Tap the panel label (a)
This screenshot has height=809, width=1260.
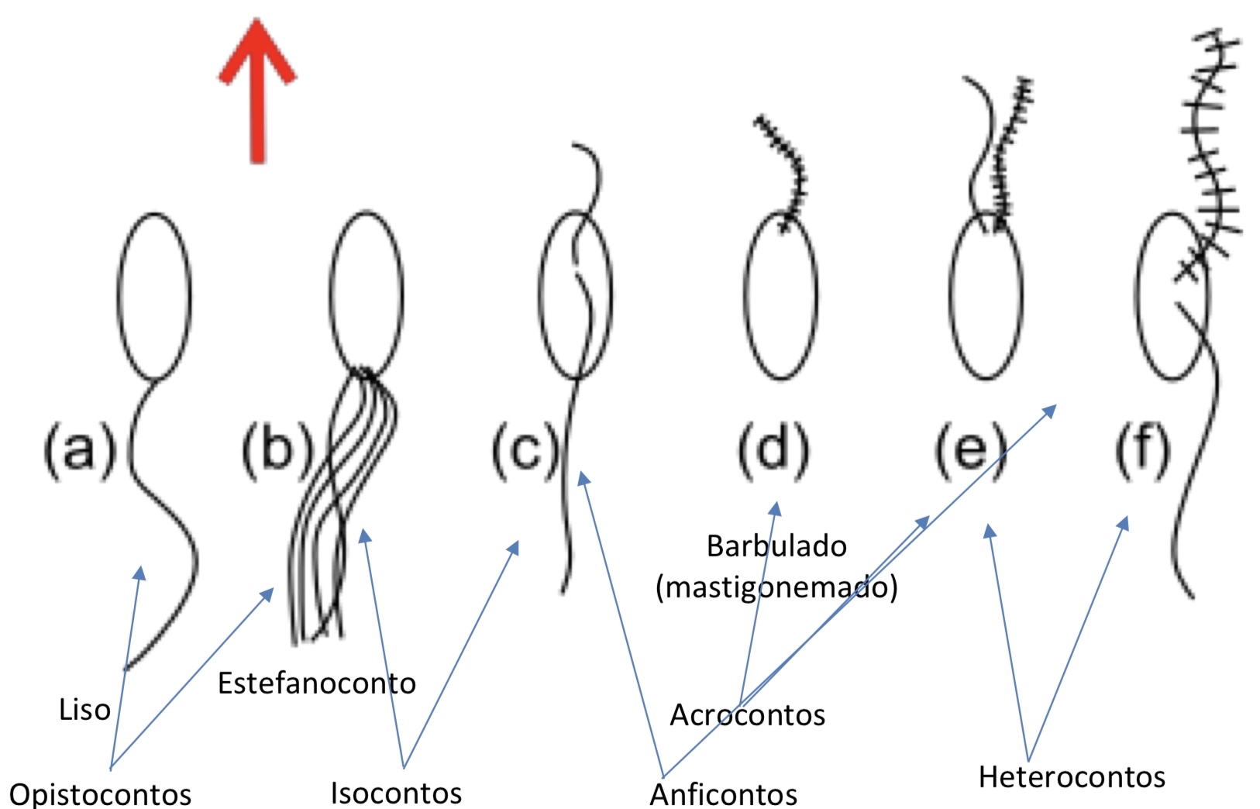(79, 449)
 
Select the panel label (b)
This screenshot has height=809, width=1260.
(277, 449)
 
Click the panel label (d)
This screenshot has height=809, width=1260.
(773, 449)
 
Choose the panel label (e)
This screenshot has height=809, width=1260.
(971, 449)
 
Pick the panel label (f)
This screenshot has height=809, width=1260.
(1142, 449)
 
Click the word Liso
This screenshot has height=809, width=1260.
(84, 709)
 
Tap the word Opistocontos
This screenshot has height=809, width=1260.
(100, 794)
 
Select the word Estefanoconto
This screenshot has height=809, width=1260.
(316, 683)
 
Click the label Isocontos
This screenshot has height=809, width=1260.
(396, 793)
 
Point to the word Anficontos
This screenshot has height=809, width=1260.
(723, 794)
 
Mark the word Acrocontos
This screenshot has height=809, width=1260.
(747, 714)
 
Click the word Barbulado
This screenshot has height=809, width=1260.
(776, 546)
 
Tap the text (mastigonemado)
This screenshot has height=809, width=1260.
(776, 587)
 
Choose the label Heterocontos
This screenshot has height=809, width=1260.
(1072, 776)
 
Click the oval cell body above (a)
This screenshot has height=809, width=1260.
(155, 295)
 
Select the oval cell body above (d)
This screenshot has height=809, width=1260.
(780, 295)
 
